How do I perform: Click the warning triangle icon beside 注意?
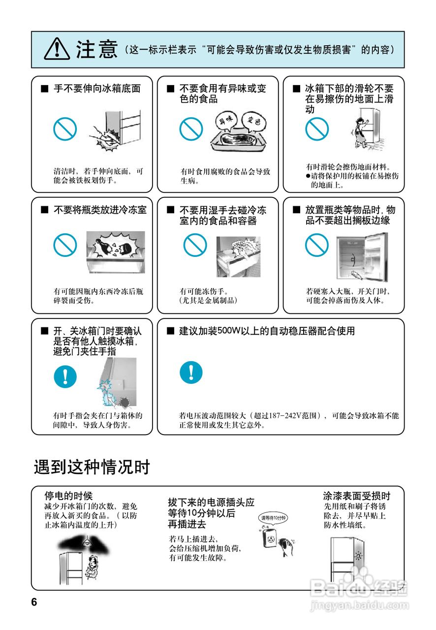pos(57,49)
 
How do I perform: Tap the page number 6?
pos(34,602)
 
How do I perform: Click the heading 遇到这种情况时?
pos(92,467)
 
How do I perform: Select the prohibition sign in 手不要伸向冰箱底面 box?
pos(65,129)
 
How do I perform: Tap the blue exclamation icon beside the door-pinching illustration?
pos(65,376)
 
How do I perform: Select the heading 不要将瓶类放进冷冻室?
pos(100,210)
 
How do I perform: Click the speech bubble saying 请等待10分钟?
pos(273,518)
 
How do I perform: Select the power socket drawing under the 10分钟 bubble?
pos(270,540)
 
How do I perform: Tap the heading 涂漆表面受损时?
pos(356,496)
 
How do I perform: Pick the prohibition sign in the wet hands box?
pos(195,245)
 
